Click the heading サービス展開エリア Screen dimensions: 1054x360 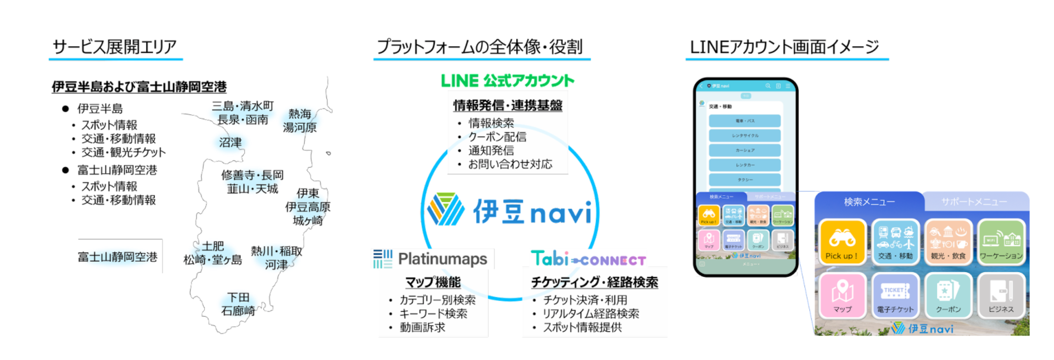point(114,47)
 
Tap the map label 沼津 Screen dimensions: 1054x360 point(230,143)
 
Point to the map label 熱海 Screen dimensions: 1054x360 point(300,113)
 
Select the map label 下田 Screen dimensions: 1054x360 point(238,297)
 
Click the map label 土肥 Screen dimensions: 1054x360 point(213,246)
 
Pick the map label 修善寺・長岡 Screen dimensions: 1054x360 point(253,175)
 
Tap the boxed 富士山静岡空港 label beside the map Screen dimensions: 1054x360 point(118,257)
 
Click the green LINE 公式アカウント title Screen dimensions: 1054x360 point(507,81)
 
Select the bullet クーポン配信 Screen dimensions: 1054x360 point(497,137)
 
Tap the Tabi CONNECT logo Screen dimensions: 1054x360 point(588,259)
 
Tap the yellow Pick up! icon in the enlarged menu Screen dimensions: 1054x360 point(842,242)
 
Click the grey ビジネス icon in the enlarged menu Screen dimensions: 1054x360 point(1001,295)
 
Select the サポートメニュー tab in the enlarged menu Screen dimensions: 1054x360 point(974,202)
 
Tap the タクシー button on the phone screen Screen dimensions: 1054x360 point(745,180)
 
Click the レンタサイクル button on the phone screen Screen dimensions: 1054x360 point(745,135)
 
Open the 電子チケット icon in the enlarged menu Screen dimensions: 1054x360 point(895,295)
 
